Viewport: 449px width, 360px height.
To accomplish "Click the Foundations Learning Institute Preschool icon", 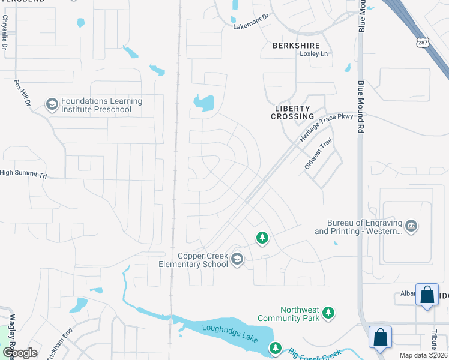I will (x=52, y=105).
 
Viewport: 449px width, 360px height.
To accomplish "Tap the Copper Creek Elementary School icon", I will (x=237, y=259).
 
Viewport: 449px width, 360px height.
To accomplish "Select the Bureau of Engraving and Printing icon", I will (x=411, y=226).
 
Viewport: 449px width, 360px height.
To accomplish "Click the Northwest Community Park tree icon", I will (x=328, y=313).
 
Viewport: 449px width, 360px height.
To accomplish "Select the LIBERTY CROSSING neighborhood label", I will (x=292, y=112).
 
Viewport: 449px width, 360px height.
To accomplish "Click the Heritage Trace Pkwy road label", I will (x=327, y=128).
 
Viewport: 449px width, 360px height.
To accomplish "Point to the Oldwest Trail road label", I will (x=318, y=154).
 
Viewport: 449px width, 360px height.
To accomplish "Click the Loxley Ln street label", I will (x=315, y=54).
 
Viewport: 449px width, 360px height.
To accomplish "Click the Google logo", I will (x=19, y=353).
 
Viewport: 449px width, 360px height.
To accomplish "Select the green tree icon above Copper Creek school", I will (x=262, y=239).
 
